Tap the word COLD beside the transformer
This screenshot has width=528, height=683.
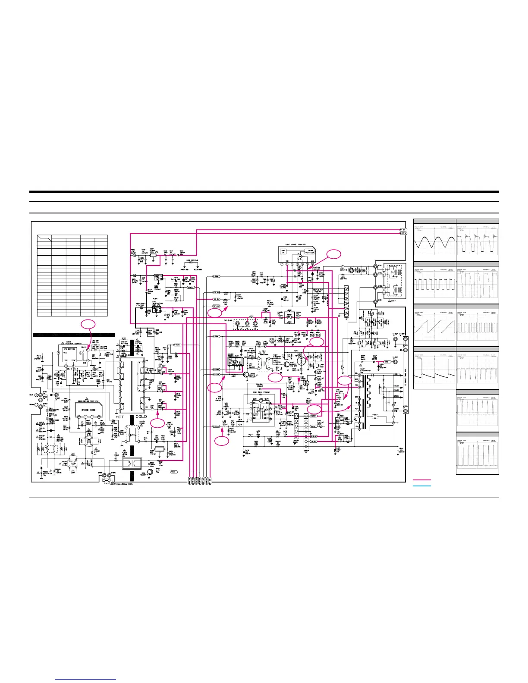(x=141, y=417)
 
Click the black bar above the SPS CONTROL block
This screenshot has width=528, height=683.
(x=74, y=335)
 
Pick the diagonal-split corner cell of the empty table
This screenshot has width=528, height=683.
(x=44, y=238)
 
